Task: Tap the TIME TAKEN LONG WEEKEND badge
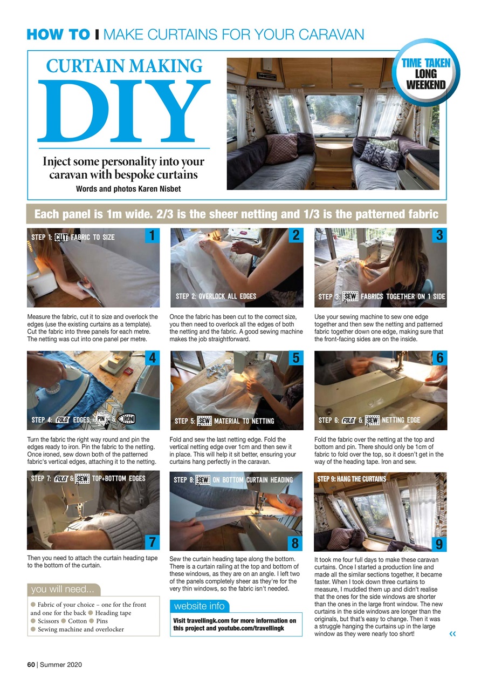pyautogui.click(x=425, y=74)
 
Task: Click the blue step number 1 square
pyautogui.click(x=153, y=235)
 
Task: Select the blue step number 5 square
pyautogui.click(x=296, y=358)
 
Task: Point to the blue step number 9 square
pyautogui.click(x=439, y=544)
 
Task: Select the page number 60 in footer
pyautogui.click(x=31, y=665)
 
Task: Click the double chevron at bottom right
pyautogui.click(x=452, y=634)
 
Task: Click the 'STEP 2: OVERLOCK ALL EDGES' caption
pyautogui.click(x=216, y=296)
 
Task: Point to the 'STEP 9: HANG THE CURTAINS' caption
pyautogui.click(x=351, y=479)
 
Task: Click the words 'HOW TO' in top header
pyautogui.click(x=58, y=35)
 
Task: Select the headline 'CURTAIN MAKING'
pyautogui.click(x=124, y=66)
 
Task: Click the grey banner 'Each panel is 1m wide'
pyautogui.click(x=236, y=214)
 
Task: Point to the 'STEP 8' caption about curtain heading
pyautogui.click(x=233, y=479)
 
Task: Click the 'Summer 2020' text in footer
pyautogui.click(x=61, y=665)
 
